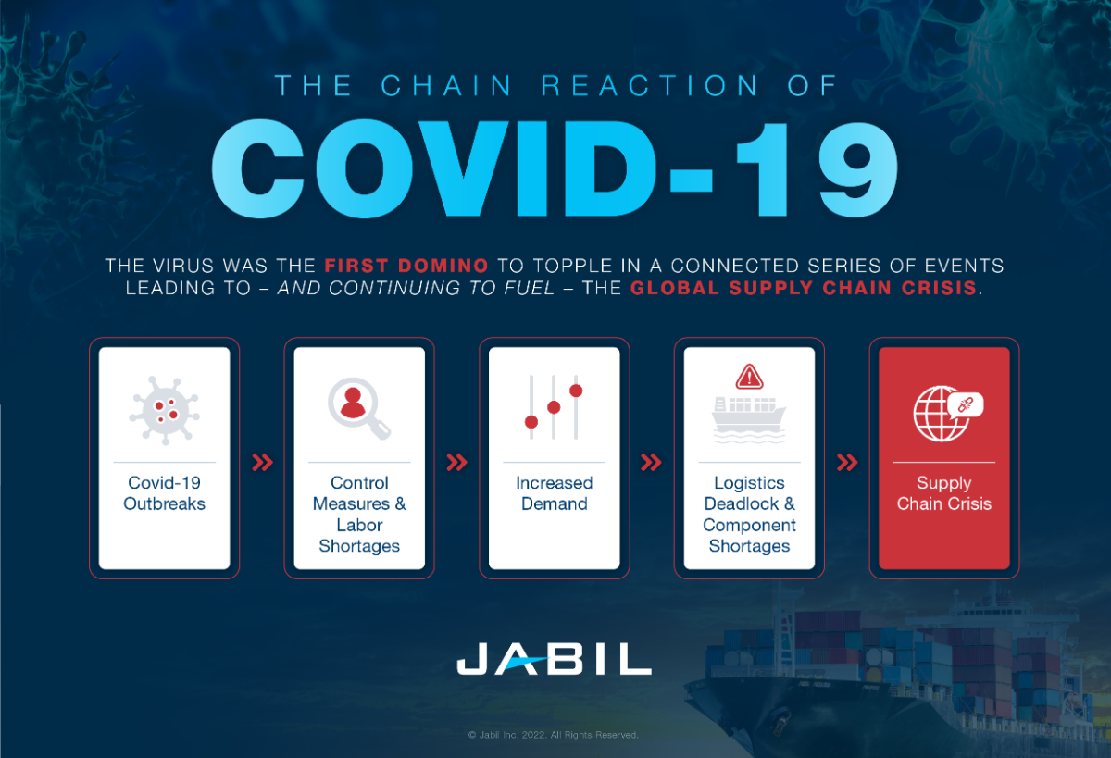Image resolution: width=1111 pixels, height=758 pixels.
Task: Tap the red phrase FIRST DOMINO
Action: pyautogui.click(x=406, y=266)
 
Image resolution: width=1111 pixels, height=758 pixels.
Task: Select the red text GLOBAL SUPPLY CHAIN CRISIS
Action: pyautogui.click(x=803, y=287)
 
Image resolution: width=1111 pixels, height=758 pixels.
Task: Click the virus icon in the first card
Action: pyautogui.click(x=164, y=407)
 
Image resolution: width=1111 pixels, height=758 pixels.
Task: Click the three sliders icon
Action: pyautogui.click(x=554, y=407)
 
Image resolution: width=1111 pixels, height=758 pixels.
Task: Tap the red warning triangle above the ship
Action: pyautogui.click(x=749, y=377)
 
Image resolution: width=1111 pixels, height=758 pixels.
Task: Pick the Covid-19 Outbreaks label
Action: pyautogui.click(x=164, y=493)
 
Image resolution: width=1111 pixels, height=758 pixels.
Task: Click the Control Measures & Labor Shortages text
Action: pyautogui.click(x=359, y=515)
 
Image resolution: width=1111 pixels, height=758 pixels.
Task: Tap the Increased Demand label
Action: pyautogui.click(x=554, y=493)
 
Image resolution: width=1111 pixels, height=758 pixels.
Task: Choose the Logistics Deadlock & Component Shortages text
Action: pyautogui.click(x=749, y=515)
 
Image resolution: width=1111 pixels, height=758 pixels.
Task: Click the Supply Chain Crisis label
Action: pyautogui.click(x=943, y=493)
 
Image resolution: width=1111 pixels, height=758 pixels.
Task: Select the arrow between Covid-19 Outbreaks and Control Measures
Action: pyautogui.click(x=262, y=463)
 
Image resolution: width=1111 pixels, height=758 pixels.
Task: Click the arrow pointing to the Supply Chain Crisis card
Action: pyautogui.click(x=846, y=463)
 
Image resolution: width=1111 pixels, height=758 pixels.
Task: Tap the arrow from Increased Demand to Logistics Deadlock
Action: pyautogui.click(x=652, y=463)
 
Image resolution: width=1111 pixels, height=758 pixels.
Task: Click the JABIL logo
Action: pyautogui.click(x=554, y=658)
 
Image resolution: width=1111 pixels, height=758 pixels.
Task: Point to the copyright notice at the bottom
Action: pyautogui.click(x=554, y=735)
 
